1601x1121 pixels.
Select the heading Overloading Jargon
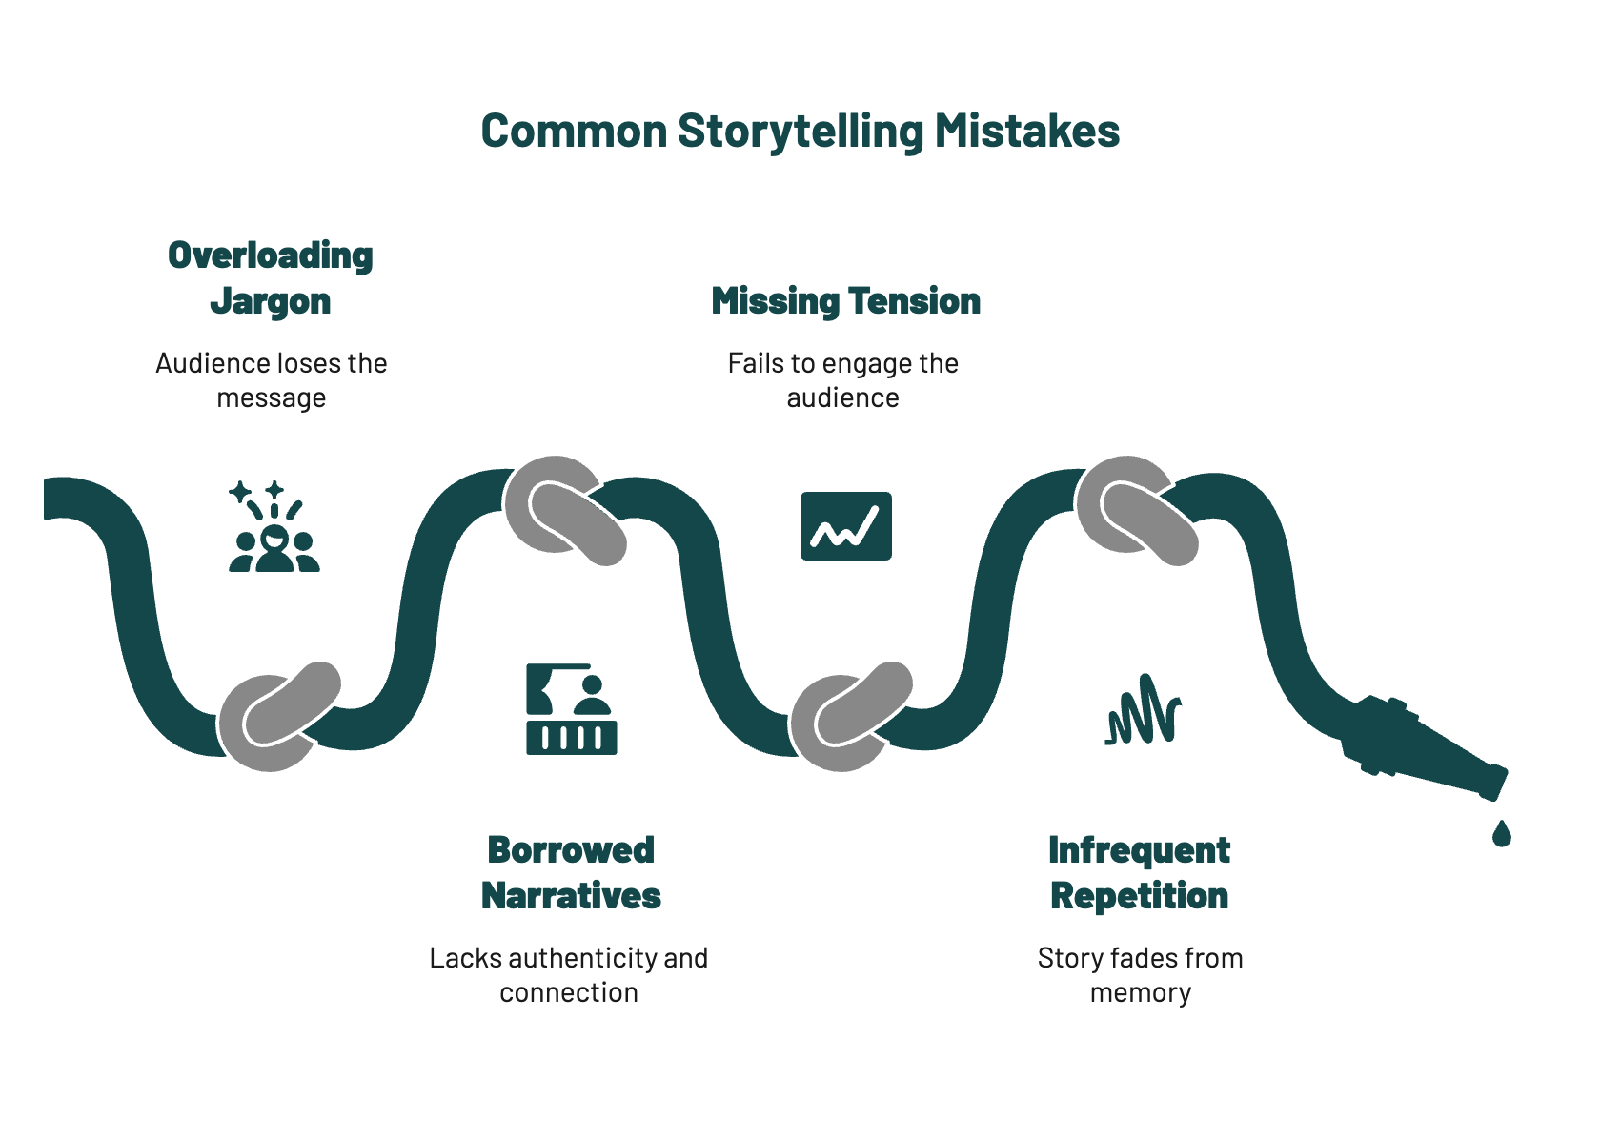tap(271, 277)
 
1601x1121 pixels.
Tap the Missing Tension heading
tap(845, 301)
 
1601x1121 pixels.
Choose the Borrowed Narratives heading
tap(571, 872)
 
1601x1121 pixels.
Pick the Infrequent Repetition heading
tap(1140, 872)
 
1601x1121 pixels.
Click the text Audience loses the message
tap(272, 380)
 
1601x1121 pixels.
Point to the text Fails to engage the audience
tap(843, 380)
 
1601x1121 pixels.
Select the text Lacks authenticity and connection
tap(569, 975)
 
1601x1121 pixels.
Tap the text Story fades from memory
tap(1141, 975)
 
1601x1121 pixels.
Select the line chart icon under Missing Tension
tap(846, 526)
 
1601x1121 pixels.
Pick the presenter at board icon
tap(572, 709)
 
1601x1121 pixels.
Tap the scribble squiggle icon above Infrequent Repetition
tap(1144, 710)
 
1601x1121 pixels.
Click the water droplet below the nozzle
tap(1502, 834)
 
